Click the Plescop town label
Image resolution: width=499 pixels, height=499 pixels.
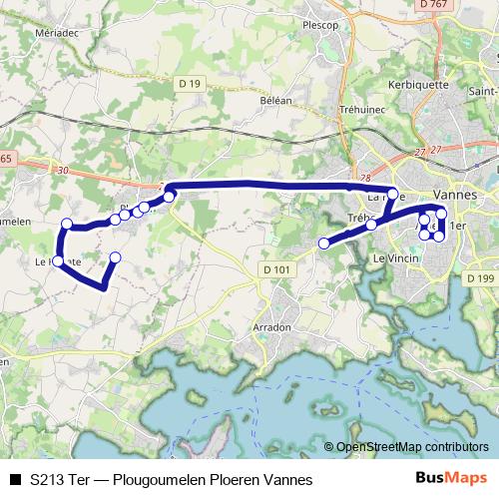click(x=319, y=25)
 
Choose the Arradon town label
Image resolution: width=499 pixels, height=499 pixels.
click(x=271, y=326)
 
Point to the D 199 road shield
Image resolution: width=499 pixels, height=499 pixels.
click(x=479, y=277)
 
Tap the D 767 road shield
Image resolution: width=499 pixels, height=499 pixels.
click(x=433, y=5)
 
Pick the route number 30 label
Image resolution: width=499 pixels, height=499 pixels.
click(x=64, y=171)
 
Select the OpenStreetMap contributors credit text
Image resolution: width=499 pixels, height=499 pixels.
click(x=411, y=447)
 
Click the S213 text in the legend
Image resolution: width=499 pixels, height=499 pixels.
click(x=49, y=480)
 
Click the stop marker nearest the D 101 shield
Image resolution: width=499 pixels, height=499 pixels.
click(x=323, y=243)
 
